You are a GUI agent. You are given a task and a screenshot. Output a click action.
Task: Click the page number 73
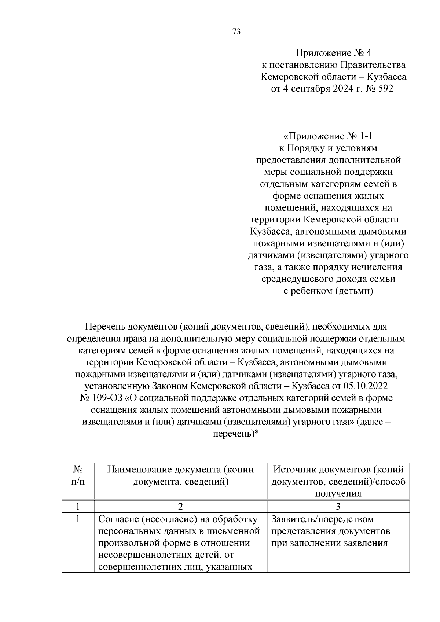[x=236, y=32]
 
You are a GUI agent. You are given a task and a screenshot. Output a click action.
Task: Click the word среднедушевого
[x=297, y=279]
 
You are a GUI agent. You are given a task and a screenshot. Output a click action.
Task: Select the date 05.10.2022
[x=365, y=386]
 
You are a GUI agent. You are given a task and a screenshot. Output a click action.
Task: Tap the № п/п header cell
[x=78, y=475]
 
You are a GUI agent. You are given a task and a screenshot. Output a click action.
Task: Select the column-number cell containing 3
[x=338, y=507]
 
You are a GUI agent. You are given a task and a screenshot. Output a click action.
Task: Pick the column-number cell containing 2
[x=180, y=507]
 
